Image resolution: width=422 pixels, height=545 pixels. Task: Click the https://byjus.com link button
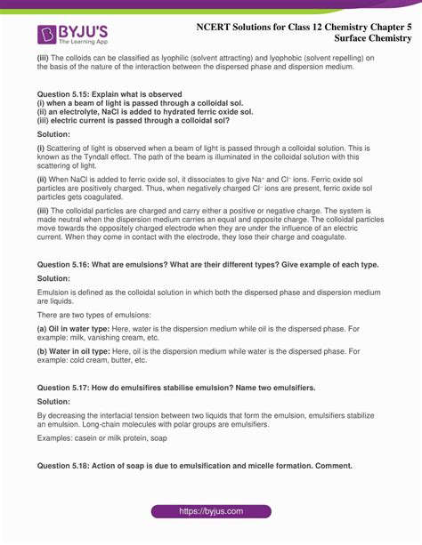[x=211, y=512]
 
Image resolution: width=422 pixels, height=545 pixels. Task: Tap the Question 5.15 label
[x=66, y=93]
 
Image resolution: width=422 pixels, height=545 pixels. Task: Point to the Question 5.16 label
[x=66, y=265]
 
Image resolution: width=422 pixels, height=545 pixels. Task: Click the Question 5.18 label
[x=66, y=465]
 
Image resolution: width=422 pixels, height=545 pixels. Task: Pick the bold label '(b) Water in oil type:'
[x=70, y=351]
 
